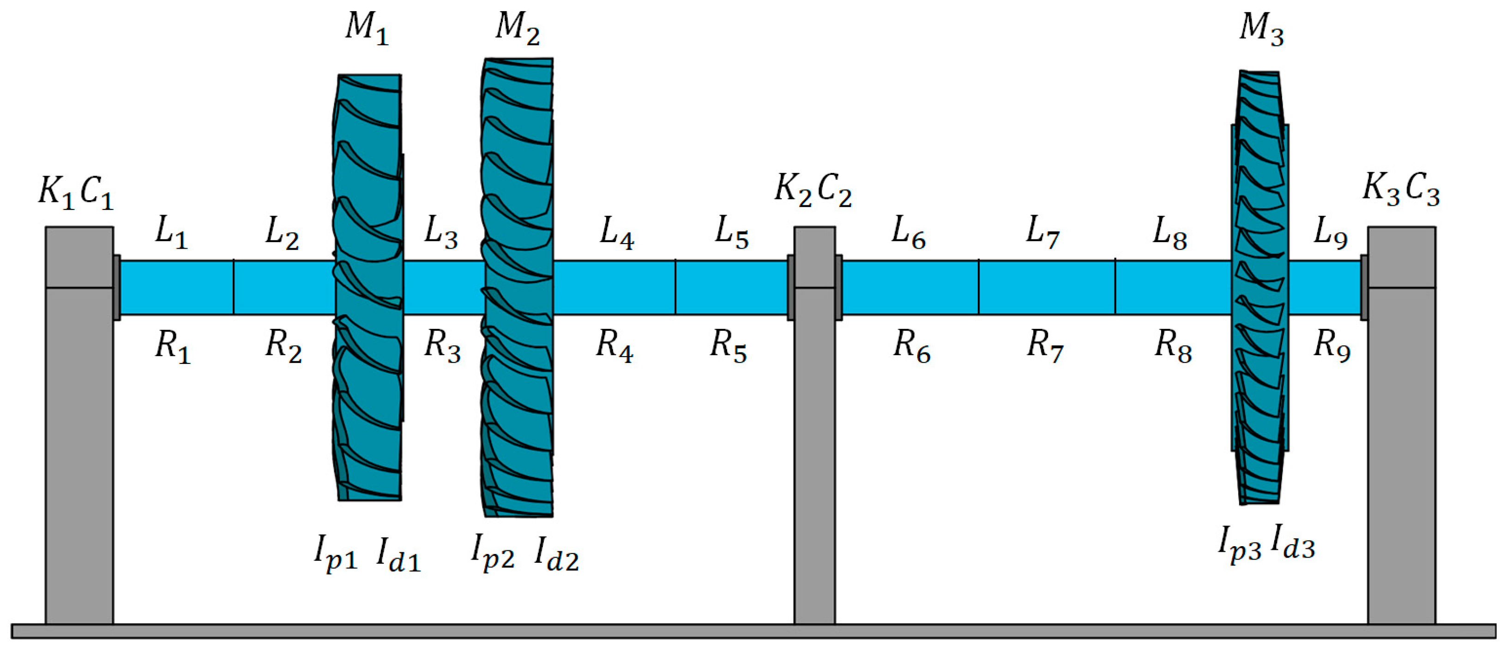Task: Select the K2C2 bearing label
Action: coord(813,190)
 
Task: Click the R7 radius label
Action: coord(1045,345)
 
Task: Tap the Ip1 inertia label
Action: coord(336,552)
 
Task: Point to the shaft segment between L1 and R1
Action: coord(175,287)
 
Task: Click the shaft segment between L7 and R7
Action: coord(1047,287)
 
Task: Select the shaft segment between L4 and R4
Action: coord(614,287)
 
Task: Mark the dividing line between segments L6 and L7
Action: coord(978,287)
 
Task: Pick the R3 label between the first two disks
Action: coord(442,345)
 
